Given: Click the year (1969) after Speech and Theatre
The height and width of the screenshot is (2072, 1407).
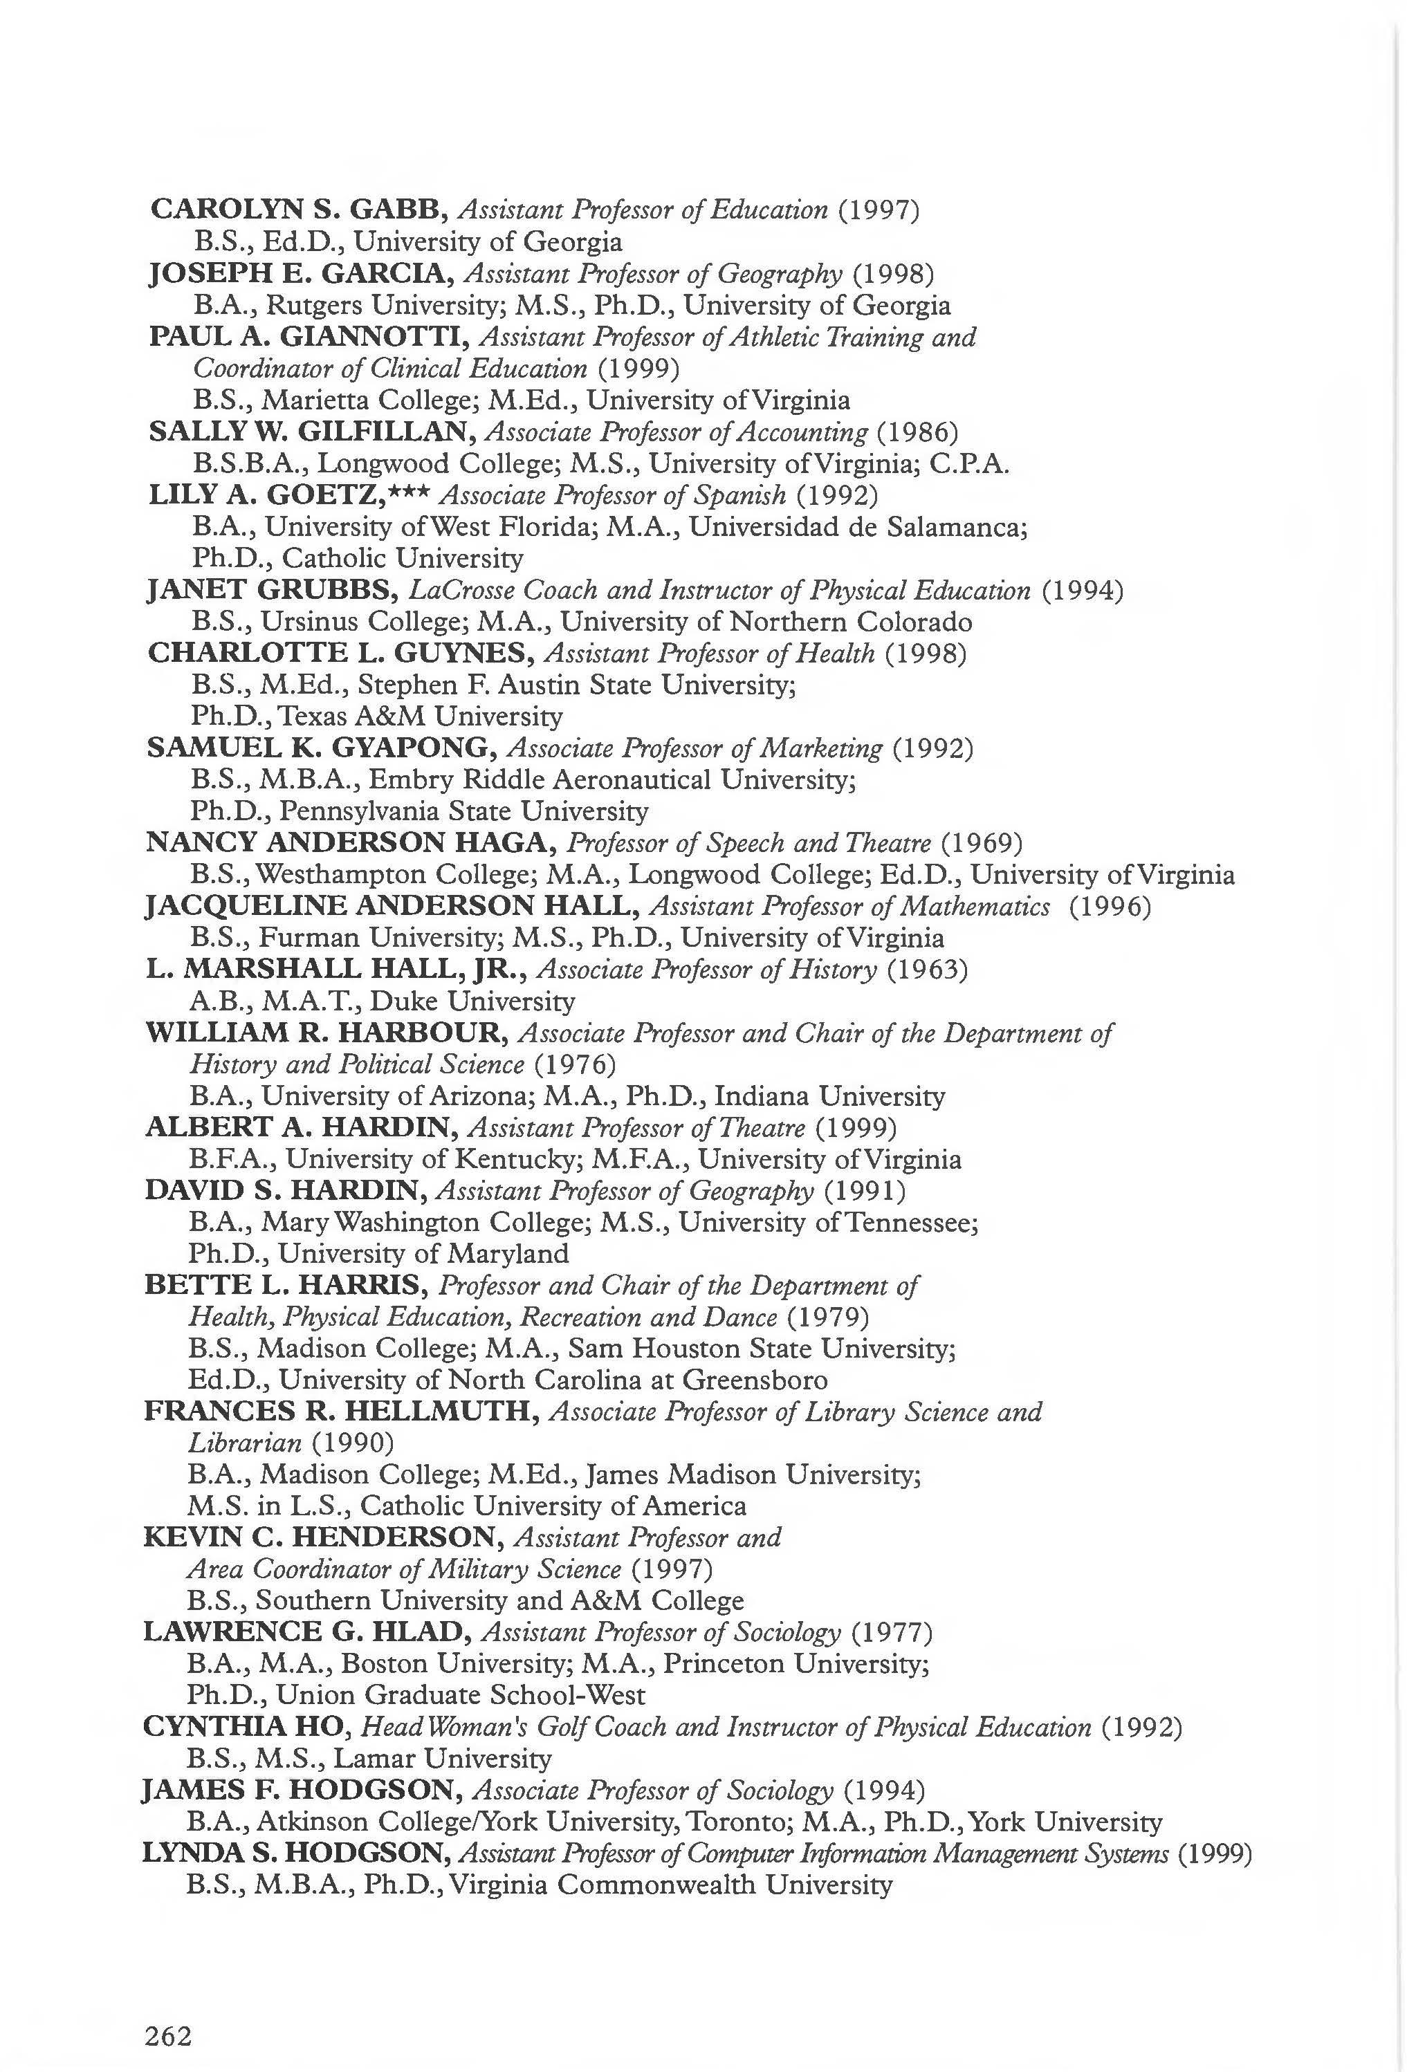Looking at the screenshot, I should point(982,842).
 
